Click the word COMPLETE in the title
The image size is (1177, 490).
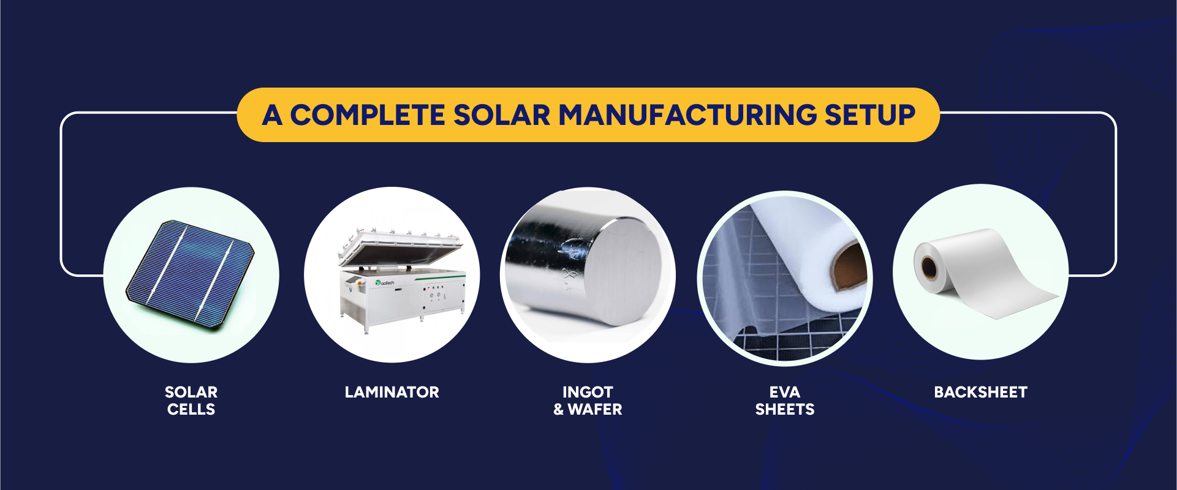[367, 115]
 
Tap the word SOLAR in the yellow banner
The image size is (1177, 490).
[502, 115]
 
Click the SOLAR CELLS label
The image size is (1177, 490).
[191, 401]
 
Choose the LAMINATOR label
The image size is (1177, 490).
[392, 392]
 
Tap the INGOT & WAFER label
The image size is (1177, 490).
[588, 401]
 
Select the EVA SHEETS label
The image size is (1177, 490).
[785, 401]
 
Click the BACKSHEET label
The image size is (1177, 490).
[980, 392]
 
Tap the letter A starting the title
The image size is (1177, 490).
[272, 115]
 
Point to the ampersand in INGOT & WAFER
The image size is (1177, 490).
[558, 409]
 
